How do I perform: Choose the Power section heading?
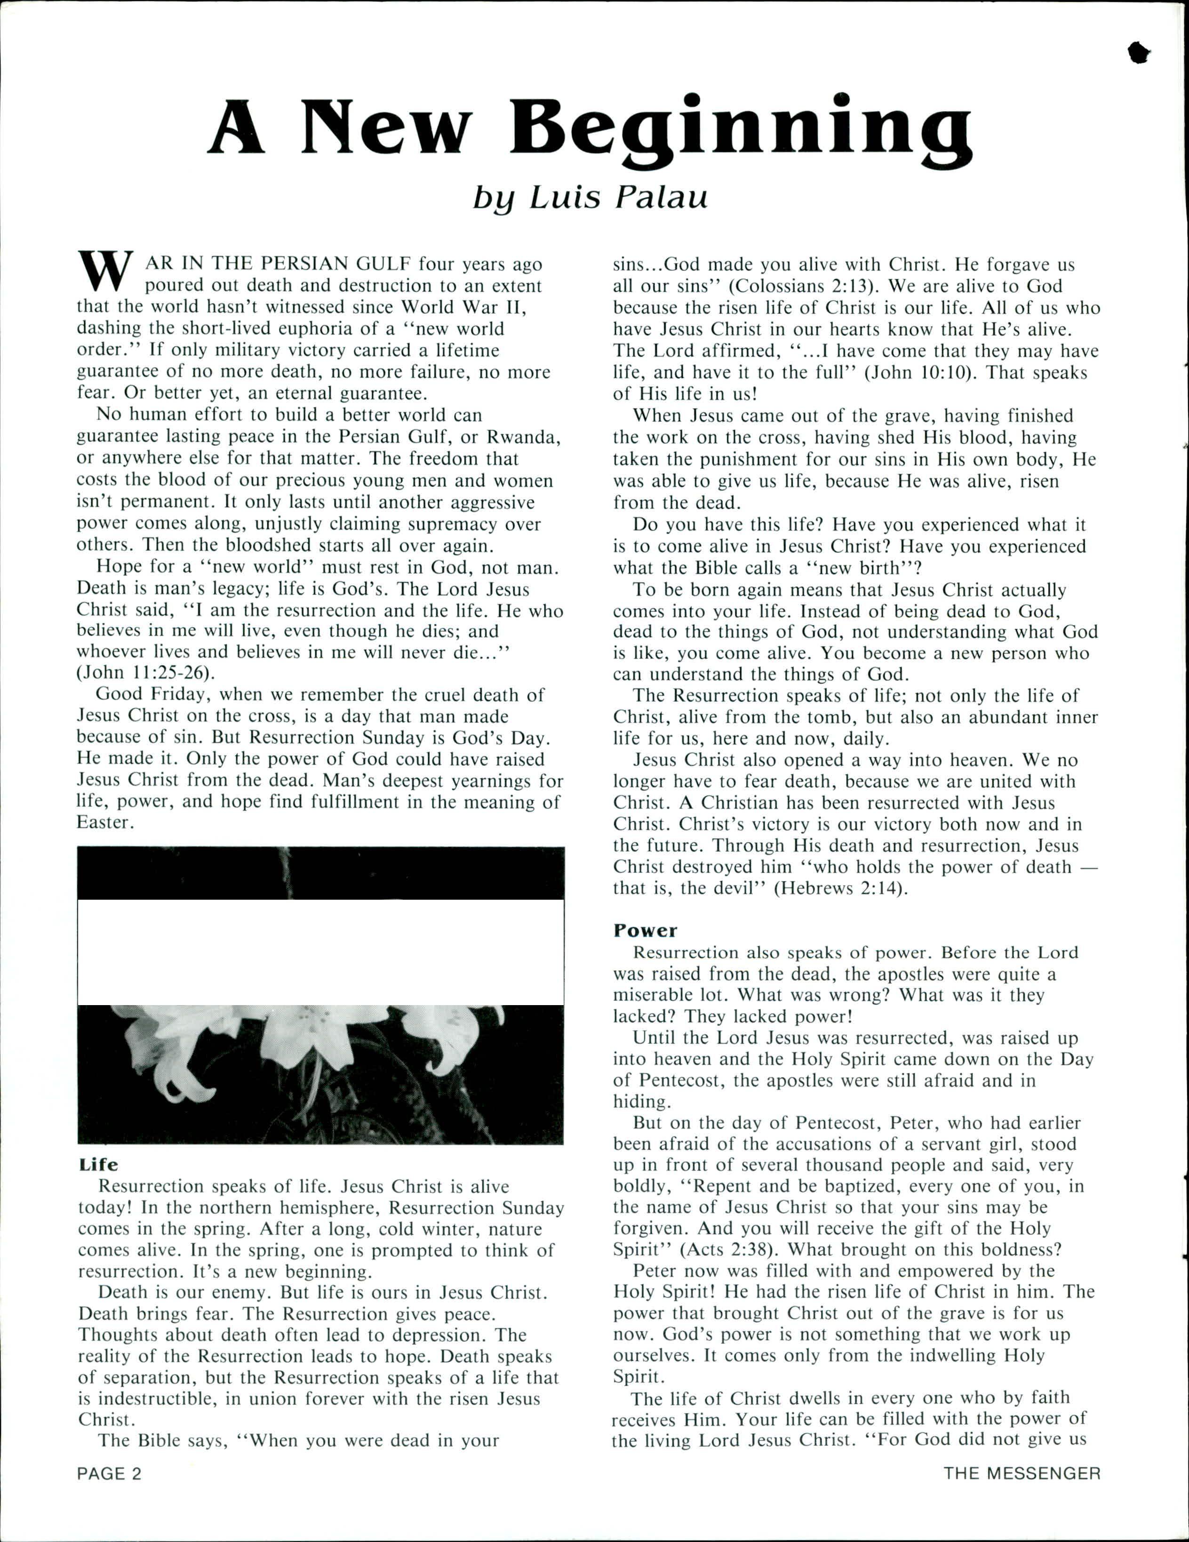click(645, 931)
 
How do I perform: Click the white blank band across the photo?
click(320, 952)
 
